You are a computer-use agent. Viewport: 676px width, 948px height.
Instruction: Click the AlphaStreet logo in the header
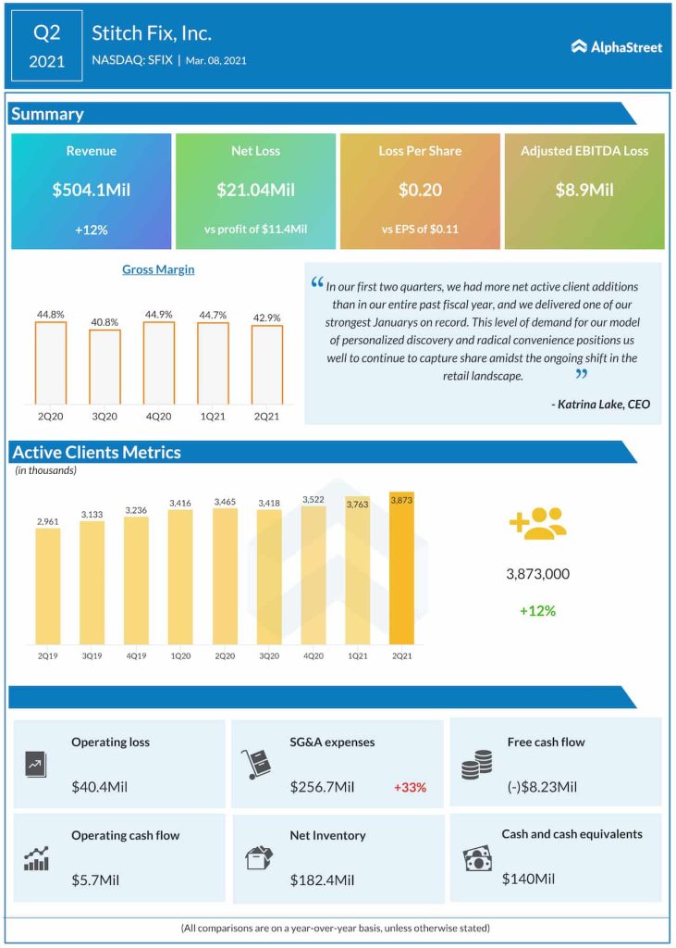tap(616, 46)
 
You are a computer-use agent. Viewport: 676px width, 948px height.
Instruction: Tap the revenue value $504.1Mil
tap(91, 190)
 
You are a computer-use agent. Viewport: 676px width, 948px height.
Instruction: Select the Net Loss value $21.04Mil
tap(255, 190)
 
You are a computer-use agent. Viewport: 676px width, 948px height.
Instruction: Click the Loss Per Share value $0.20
tap(420, 190)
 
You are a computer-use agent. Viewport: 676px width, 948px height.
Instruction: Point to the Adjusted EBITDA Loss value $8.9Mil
tap(584, 190)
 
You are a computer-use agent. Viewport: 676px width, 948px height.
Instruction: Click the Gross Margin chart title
tap(158, 269)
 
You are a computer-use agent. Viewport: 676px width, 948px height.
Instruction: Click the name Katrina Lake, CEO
tap(600, 404)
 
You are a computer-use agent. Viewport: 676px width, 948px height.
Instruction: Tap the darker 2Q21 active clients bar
tap(402, 568)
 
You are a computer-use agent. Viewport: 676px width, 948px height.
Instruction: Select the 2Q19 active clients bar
tap(48, 586)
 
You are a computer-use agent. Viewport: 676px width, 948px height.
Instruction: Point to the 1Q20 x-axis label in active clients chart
tap(180, 655)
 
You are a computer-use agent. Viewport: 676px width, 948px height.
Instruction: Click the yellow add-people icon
tap(537, 524)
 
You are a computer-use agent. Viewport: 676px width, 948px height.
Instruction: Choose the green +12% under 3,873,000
tap(537, 611)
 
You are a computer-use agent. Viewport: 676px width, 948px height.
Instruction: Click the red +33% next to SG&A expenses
tap(410, 787)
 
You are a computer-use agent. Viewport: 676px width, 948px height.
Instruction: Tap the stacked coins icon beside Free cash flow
tap(476, 765)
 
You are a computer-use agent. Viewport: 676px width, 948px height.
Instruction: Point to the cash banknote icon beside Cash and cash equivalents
tap(477, 859)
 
